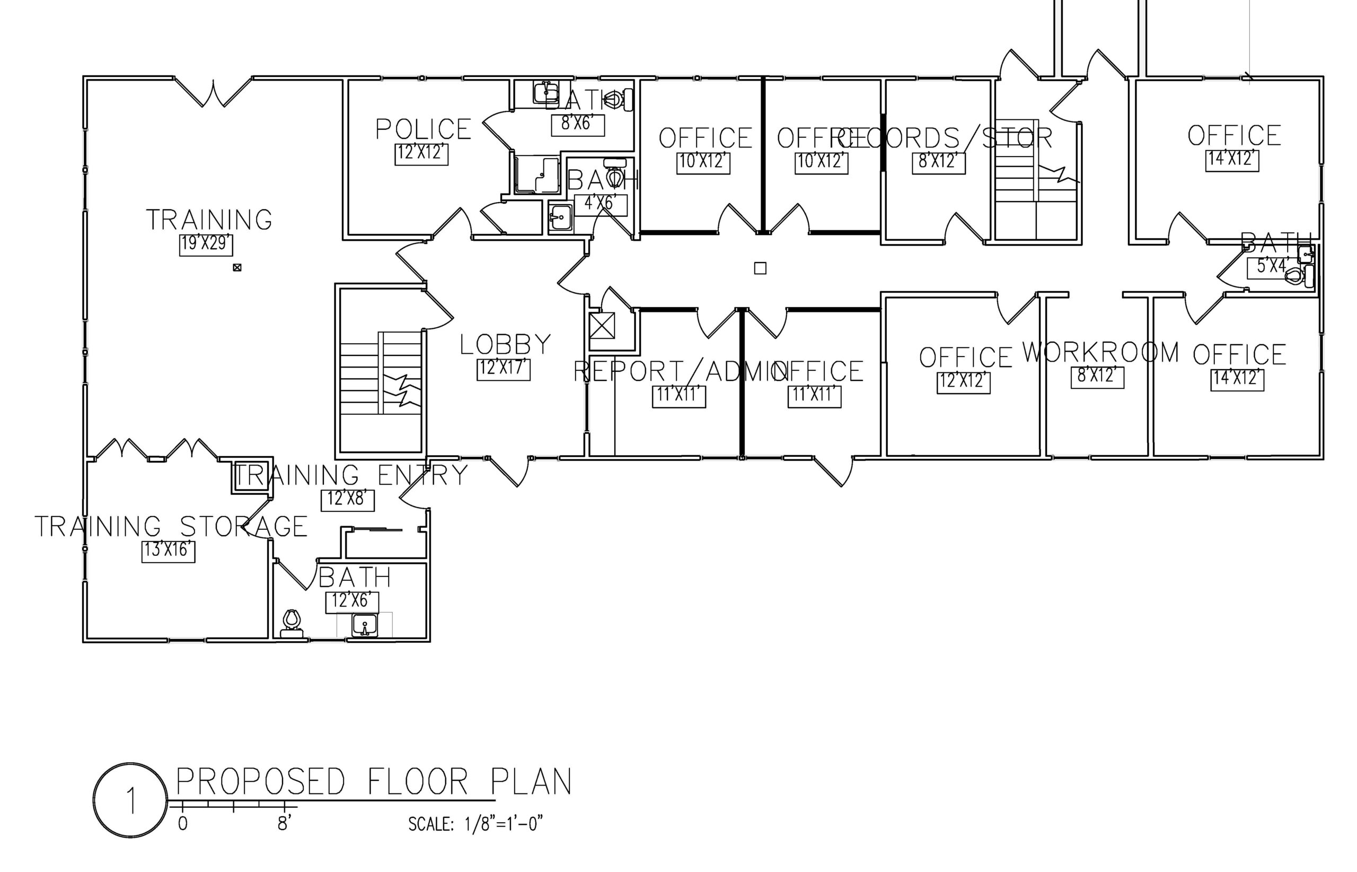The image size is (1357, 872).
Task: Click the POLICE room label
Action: pos(424,129)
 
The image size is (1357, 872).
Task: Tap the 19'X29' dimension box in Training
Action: pos(206,244)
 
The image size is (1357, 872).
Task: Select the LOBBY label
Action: pos(505,344)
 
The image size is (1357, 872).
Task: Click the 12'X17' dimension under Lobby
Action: pos(503,369)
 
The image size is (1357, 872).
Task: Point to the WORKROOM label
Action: pos(1100,352)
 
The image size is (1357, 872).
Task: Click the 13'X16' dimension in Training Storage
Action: pos(168,551)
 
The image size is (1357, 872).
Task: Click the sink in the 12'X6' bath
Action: pos(365,626)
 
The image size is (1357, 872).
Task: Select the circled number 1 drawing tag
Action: pos(130,800)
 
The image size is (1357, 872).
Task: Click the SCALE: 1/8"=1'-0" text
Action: pos(475,824)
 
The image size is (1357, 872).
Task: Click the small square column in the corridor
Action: pos(760,268)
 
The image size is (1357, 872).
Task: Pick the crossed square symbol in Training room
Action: pos(237,267)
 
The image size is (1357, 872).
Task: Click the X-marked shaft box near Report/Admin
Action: pos(602,326)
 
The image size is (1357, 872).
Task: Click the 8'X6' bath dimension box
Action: pos(577,125)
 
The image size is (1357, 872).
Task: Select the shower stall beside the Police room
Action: pos(535,175)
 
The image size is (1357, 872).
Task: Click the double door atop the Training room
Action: pos(213,92)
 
